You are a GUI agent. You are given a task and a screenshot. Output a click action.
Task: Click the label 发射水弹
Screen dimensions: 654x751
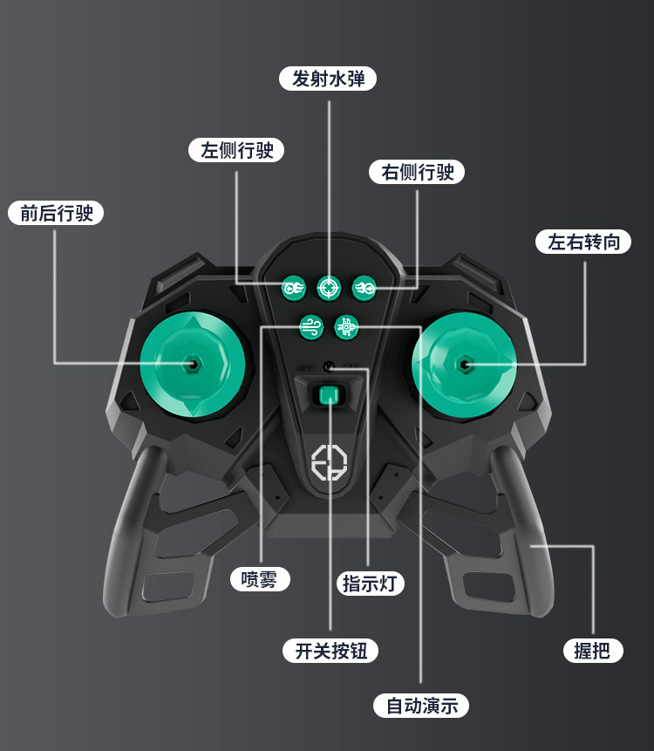click(x=328, y=79)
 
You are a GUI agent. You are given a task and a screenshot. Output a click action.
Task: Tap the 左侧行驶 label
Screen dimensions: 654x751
click(x=237, y=150)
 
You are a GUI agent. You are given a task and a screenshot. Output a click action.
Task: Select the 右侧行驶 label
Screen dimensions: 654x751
click(x=417, y=172)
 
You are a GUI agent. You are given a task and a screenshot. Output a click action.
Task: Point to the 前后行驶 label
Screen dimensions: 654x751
click(x=56, y=213)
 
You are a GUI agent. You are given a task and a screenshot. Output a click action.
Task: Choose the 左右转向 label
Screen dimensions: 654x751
click(x=583, y=242)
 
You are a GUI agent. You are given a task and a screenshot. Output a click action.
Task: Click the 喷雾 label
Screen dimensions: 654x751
click(x=260, y=578)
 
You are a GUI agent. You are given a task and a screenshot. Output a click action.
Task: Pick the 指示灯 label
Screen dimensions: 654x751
click(x=372, y=584)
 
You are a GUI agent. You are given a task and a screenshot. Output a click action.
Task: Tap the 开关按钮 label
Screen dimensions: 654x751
click(x=330, y=651)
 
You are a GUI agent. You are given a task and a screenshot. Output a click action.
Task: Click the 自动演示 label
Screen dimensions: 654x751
click(x=421, y=706)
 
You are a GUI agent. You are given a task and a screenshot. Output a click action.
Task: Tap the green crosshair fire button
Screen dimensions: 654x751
click(x=328, y=286)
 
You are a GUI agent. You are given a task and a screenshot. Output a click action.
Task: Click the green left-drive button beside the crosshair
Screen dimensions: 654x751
click(x=293, y=286)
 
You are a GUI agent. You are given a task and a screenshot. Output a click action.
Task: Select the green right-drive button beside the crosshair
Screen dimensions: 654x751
click(x=364, y=286)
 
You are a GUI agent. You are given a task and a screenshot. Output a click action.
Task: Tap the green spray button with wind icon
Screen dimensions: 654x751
click(x=310, y=325)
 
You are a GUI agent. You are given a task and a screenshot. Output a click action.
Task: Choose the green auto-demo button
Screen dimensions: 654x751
click(x=346, y=325)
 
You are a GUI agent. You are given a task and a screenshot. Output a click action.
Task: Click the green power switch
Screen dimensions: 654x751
click(x=329, y=397)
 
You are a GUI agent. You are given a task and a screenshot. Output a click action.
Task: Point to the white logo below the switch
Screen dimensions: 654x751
click(x=329, y=464)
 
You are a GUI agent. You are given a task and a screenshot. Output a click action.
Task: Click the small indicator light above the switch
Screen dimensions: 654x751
click(x=328, y=367)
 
